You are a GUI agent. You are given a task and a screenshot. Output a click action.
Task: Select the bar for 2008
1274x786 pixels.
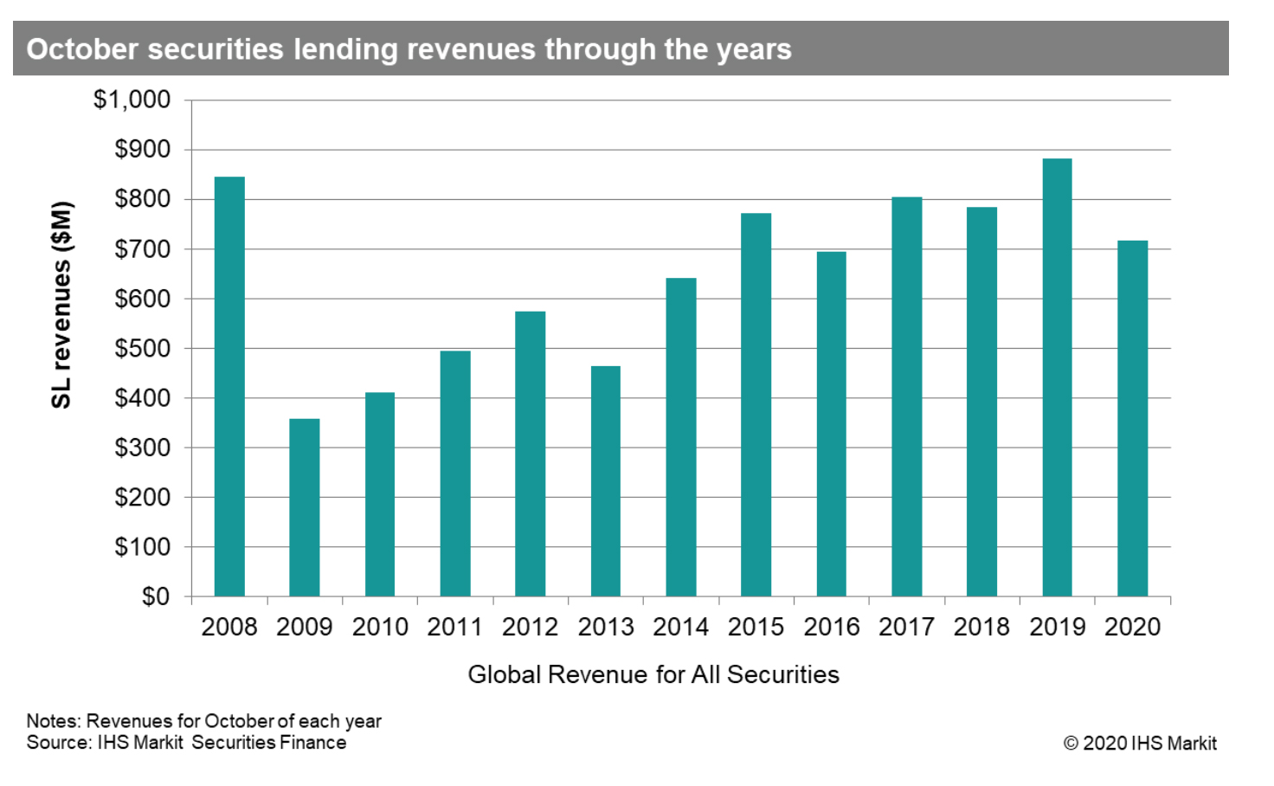229,387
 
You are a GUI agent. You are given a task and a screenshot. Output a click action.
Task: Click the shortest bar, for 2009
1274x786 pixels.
305,508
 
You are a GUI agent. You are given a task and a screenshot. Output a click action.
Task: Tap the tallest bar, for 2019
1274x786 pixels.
1057,377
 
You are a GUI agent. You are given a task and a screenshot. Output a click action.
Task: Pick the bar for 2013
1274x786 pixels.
606,481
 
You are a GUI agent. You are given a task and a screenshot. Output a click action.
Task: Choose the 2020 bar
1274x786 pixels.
1132,418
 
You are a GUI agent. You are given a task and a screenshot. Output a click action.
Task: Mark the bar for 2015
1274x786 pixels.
756,404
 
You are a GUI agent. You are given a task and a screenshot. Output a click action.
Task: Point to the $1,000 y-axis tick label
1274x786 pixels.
132,100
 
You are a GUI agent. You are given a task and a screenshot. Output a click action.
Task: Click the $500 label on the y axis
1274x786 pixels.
143,349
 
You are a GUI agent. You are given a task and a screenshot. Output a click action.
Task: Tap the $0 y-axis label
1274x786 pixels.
156,596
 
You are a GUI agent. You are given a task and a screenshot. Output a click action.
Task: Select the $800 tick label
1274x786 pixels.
143,199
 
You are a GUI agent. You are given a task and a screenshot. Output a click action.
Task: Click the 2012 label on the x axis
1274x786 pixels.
530,627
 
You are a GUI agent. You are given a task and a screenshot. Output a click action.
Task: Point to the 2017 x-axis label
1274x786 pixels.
906,627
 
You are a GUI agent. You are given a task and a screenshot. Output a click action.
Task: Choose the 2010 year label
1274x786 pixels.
380,627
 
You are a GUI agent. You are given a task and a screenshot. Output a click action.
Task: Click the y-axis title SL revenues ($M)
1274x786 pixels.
61,305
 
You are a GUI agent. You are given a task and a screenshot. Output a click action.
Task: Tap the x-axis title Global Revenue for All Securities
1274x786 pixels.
653,674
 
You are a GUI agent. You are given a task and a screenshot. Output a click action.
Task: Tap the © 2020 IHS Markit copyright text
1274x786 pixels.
1140,743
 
